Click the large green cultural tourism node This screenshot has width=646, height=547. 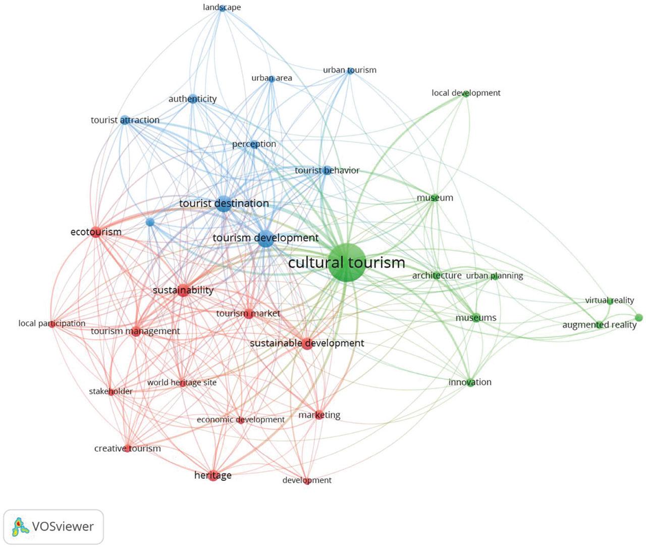coord(346,261)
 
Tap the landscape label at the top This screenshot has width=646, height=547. coord(222,7)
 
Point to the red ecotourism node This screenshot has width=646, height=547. coord(96,233)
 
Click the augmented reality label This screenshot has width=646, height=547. coord(599,325)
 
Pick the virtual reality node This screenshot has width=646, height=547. coord(610,301)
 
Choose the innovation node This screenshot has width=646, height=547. coord(470,382)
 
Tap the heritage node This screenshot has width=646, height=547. coord(213,476)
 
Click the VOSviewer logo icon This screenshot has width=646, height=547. coord(20,527)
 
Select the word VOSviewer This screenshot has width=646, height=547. coord(63,527)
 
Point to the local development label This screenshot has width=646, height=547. coord(466,93)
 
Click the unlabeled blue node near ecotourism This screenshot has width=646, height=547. coord(149,222)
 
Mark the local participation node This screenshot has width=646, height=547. coord(52,324)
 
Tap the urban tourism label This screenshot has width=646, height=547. coord(349,70)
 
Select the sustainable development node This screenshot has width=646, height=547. coord(307,344)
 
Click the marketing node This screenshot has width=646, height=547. coord(319,415)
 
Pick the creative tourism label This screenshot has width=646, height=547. coord(127,448)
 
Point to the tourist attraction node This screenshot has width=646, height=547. coord(125,120)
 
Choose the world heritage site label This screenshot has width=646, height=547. coord(182,382)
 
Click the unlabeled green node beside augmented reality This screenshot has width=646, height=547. coord(638,317)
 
